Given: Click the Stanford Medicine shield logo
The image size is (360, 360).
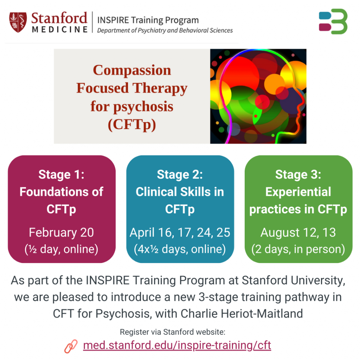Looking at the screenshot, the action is point(18,22).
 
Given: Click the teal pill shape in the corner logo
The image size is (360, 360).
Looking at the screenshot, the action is point(325,15).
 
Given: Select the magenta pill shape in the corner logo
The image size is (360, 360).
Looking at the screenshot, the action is point(325,27).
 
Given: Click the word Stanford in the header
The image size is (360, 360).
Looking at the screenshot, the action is point(59,18).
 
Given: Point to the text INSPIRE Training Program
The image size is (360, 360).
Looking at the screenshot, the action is point(148,20).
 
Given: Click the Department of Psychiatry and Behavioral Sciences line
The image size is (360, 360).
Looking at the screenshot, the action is point(165,30).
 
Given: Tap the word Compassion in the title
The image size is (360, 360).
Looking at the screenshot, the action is point(132,70).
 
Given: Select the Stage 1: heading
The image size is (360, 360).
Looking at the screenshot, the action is point(61,174).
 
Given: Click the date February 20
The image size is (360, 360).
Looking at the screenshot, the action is point(61,232).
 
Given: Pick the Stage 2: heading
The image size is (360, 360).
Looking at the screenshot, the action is point(180,174).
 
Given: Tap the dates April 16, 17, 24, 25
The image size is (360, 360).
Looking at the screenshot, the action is point(180,232).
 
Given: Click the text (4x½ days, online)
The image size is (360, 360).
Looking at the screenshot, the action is point(180,249).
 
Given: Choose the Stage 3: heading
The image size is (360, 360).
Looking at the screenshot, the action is point(298,174).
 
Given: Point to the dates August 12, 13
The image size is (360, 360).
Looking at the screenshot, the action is point(298,232).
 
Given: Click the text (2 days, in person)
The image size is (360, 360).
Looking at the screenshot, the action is point(298,249).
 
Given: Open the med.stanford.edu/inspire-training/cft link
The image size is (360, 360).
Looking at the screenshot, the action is point(177,345).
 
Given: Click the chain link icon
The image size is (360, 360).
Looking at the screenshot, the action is point(71,346).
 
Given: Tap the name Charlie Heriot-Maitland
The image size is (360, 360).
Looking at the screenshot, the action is point(242,314).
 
